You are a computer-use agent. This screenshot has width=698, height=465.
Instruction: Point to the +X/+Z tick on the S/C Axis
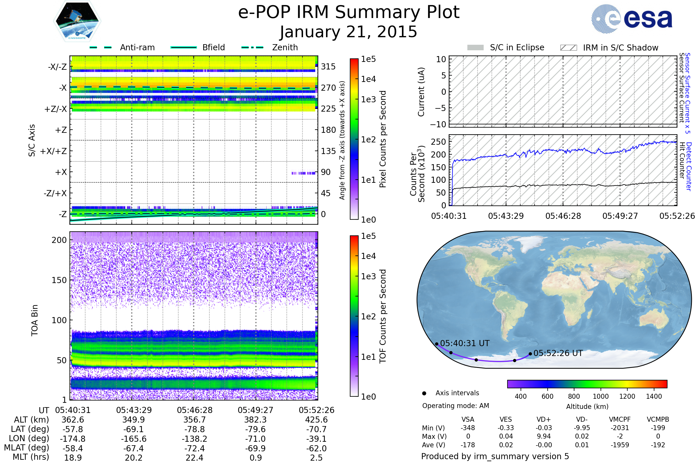[x=54, y=151]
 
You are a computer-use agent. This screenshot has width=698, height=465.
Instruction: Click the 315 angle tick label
[x=328, y=67]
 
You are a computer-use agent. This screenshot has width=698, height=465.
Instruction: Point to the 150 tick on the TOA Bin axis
[x=59, y=280]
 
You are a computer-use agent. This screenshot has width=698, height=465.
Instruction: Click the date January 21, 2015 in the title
[x=348, y=32]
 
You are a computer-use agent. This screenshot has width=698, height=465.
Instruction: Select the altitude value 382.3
[x=256, y=420]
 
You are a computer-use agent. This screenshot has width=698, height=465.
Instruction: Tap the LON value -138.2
[x=194, y=439]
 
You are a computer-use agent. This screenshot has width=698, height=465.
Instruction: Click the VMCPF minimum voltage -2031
[x=620, y=428]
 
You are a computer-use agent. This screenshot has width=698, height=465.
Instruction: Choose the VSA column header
[x=468, y=420]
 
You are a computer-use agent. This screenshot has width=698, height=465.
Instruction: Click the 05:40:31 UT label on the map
[x=465, y=344]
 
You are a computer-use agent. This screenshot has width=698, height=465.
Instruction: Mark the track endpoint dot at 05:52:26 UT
[x=530, y=354]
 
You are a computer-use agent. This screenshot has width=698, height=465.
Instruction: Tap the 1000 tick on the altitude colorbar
[x=600, y=396]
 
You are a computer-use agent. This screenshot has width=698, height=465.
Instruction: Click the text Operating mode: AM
[x=455, y=406]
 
